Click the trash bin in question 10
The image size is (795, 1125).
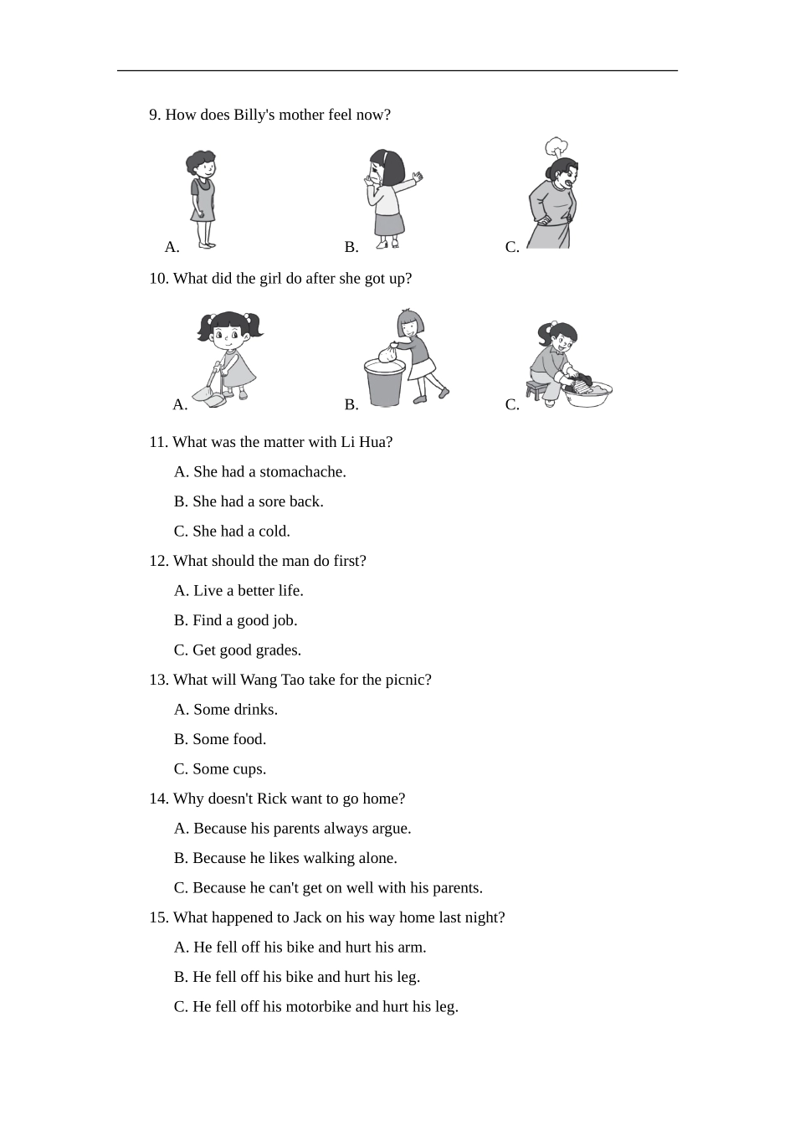coord(384,382)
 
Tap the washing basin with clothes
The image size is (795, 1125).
coord(589,393)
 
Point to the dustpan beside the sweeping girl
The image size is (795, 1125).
coord(208,395)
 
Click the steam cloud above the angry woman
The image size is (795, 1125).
coord(555,148)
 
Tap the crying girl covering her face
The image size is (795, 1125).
coord(388,199)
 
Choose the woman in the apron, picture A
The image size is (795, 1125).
coord(202,199)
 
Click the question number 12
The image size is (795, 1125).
coord(158,561)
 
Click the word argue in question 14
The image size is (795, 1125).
coord(392,829)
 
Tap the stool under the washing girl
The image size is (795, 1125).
coord(536,389)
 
